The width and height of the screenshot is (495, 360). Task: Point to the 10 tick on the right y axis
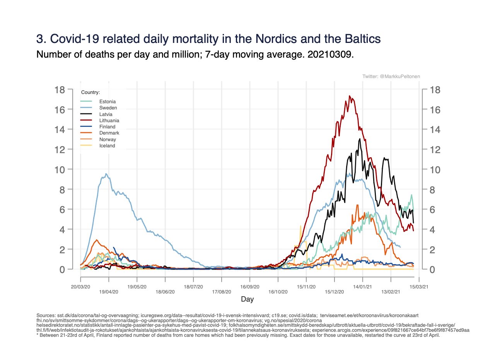click(433, 169)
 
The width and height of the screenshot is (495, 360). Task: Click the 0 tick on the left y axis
click(61, 269)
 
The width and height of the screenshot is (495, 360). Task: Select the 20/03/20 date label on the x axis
click(80, 287)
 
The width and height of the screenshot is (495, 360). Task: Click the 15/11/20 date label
click(306, 287)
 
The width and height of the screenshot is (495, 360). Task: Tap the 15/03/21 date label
click(419, 287)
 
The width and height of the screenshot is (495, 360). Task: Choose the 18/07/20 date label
click(193, 287)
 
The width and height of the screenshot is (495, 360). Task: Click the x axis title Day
click(247, 299)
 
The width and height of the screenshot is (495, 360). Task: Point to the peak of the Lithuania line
click(350, 96)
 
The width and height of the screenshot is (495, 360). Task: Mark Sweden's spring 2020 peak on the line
click(106, 174)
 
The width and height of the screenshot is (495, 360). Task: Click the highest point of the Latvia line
click(360, 139)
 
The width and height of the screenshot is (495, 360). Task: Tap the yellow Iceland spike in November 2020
click(300, 226)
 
